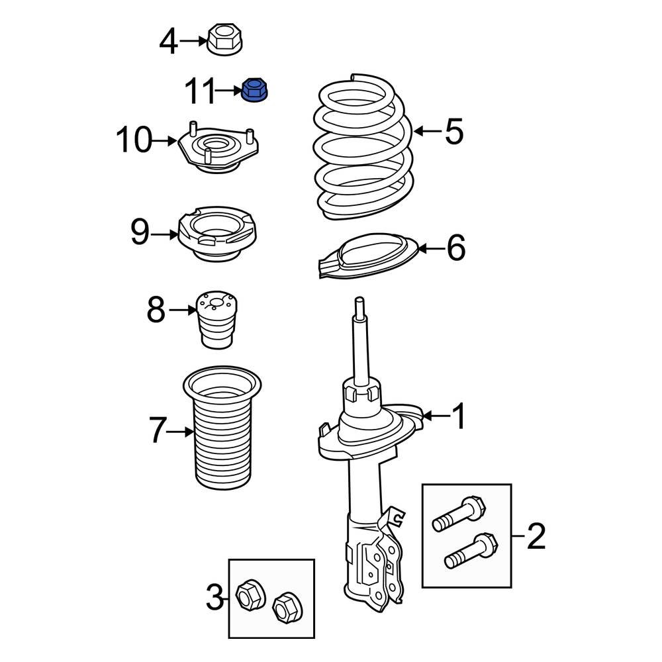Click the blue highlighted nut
pos(252,91)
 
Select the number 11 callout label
pos(200,91)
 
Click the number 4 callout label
pos(169,42)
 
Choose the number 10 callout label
pos(134,141)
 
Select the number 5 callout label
pos(454,132)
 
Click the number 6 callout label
pos(456,249)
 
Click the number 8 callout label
pos(156,310)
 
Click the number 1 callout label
pos(458,416)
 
